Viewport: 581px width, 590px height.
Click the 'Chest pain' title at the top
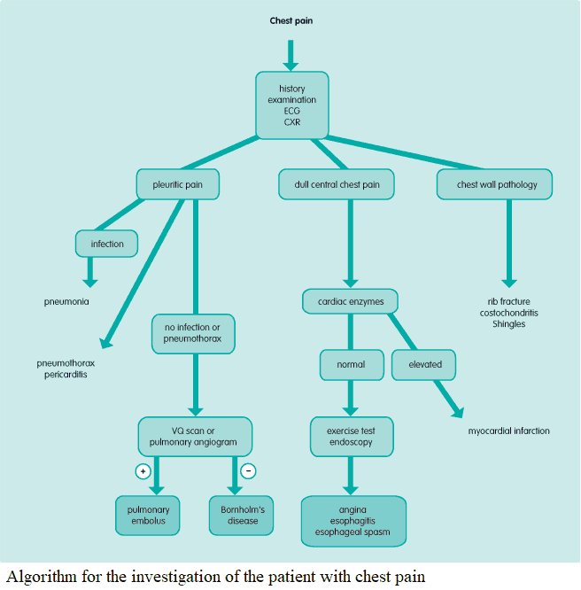(x=292, y=20)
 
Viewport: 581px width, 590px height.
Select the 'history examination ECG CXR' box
(x=292, y=105)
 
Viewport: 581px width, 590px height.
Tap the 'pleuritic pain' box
(x=177, y=184)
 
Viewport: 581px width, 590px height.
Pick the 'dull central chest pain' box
(x=337, y=184)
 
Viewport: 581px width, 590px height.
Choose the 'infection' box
(x=107, y=243)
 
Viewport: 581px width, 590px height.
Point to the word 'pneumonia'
(x=66, y=302)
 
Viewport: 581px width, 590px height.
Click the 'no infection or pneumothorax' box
(x=192, y=334)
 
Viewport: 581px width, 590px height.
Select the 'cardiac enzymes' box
(x=351, y=302)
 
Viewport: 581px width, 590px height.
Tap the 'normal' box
(x=351, y=363)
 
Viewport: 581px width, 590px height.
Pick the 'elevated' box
(x=425, y=363)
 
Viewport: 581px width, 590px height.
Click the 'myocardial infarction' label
(x=508, y=431)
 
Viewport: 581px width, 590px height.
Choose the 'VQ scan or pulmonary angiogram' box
(x=195, y=436)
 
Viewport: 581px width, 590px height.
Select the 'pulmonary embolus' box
(x=148, y=515)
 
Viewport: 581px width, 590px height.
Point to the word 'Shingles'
(x=508, y=324)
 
